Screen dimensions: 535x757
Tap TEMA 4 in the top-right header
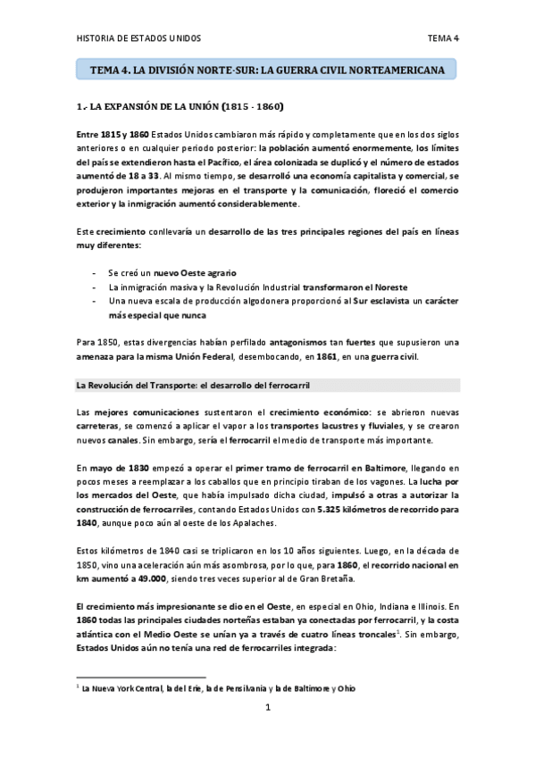tap(443, 38)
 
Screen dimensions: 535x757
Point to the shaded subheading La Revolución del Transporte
tap(192, 384)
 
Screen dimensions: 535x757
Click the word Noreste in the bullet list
tap(372, 287)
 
